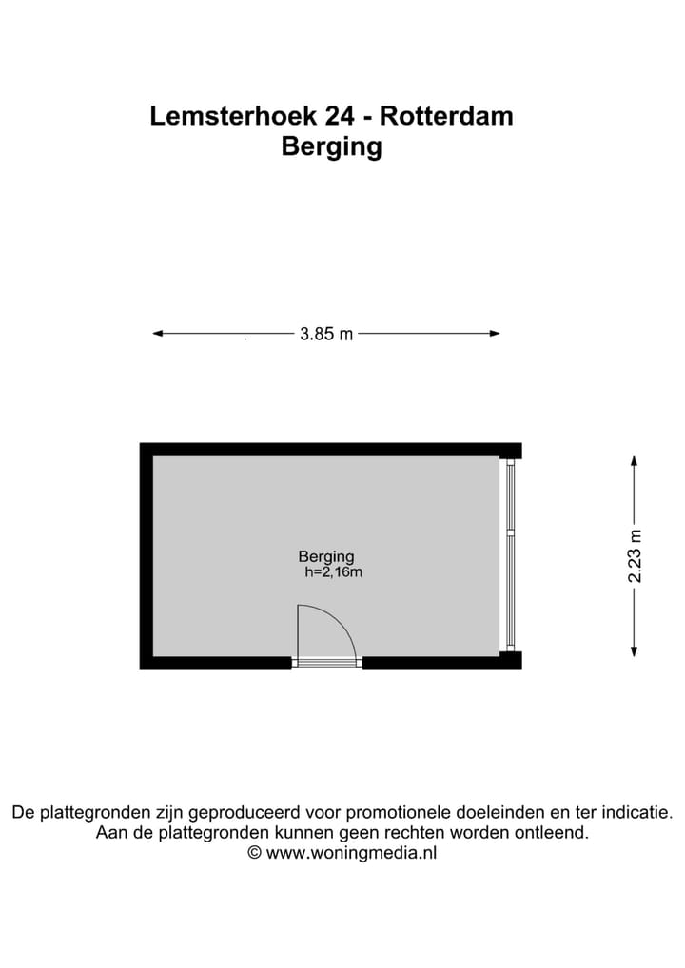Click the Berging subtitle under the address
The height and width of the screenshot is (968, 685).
[x=332, y=147]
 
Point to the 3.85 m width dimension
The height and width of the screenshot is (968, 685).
[x=326, y=334]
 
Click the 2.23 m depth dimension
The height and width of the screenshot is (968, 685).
[x=636, y=555]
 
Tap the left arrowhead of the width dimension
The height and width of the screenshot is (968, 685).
[x=158, y=333]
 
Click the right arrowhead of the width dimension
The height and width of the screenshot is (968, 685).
[x=495, y=333]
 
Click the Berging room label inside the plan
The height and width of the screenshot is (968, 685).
[x=326, y=557]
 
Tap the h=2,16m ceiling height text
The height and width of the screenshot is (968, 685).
[x=333, y=572]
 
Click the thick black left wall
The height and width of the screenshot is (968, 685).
[x=146, y=556]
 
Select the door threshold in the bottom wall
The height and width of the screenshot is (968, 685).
[x=326, y=662]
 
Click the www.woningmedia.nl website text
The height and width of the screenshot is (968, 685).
[x=351, y=853]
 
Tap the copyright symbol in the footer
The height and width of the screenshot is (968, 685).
[x=254, y=853]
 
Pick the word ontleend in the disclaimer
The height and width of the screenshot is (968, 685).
[x=556, y=833]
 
